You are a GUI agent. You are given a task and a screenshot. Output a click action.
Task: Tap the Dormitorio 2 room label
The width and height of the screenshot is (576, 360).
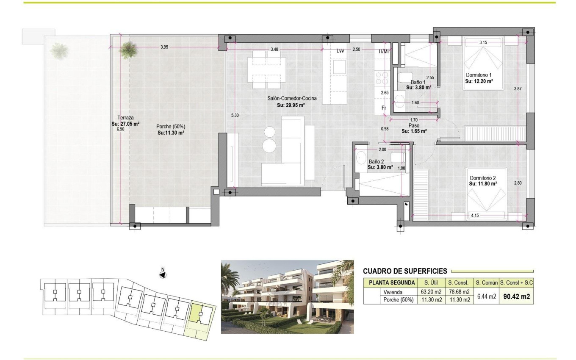pyautogui.click(x=482, y=178)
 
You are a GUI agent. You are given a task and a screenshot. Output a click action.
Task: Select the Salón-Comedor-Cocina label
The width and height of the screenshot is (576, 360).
pyautogui.click(x=292, y=99)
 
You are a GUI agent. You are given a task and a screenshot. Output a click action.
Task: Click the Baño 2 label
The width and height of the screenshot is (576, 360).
pyautogui.click(x=376, y=161)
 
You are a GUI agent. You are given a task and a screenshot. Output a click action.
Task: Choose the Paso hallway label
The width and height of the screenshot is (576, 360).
pyautogui.click(x=414, y=126)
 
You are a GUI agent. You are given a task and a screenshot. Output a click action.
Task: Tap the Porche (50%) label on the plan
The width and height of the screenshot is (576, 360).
pyautogui.click(x=171, y=127)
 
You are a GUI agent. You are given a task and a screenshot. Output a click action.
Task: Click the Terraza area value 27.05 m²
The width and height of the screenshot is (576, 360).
pyautogui.click(x=125, y=124)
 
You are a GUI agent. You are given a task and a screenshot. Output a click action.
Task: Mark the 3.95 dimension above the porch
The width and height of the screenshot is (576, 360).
pyautogui.click(x=164, y=47)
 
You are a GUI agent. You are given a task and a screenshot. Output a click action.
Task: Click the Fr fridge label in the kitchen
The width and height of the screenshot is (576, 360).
pyautogui.click(x=384, y=108)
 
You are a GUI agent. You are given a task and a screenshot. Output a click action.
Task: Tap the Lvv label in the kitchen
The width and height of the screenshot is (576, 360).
pyautogui.click(x=340, y=51)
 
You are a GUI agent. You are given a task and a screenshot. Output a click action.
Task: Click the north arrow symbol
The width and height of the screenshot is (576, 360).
pyautogui.click(x=162, y=274)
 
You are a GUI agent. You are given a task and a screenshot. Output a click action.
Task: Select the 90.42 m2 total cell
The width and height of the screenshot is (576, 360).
pyautogui.click(x=516, y=296)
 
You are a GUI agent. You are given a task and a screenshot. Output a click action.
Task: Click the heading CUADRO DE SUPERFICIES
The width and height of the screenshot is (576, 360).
pyautogui.click(x=405, y=271)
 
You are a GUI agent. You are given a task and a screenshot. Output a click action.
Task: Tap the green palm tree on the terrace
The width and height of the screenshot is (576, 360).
pyautogui.click(x=127, y=50)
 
